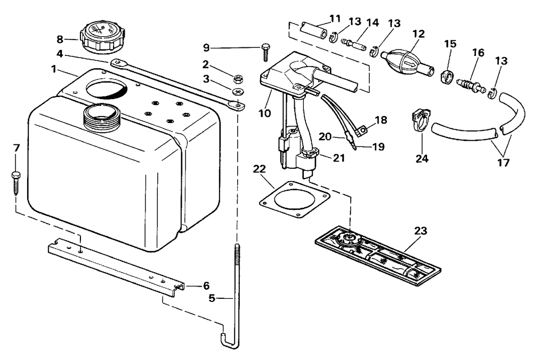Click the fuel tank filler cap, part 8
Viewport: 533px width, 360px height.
103,37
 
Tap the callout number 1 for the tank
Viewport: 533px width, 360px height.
54,69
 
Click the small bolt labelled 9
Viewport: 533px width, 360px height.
265,52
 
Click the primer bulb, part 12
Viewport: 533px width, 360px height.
407,62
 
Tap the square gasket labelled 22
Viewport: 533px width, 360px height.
294,200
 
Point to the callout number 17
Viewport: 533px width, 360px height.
504,162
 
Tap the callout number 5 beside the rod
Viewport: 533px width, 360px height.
212,298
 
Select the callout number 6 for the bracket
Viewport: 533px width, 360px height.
206,285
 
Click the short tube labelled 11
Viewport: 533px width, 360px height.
314,31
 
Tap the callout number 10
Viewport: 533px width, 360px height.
264,113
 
